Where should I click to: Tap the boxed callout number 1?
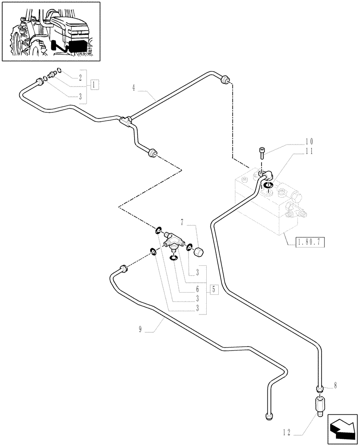(x=94, y=84)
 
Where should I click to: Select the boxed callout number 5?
(x=213, y=290)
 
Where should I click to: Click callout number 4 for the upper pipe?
(x=134, y=88)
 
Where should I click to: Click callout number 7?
(x=182, y=221)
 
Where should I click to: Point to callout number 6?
(x=185, y=289)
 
